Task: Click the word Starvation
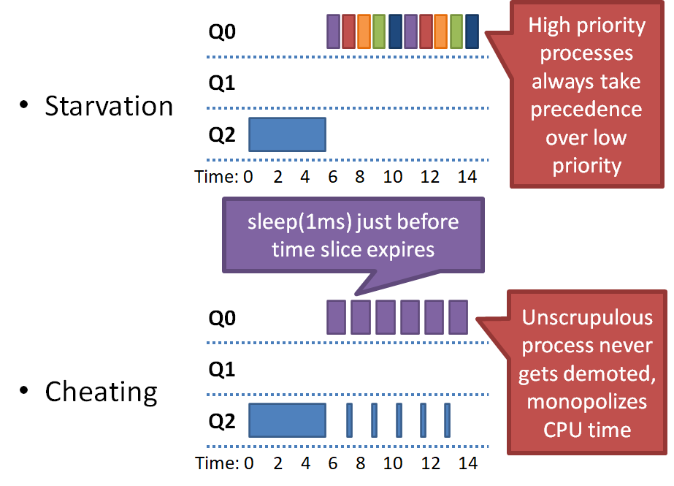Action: click(109, 106)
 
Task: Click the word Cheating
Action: click(101, 392)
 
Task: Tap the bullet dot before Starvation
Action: click(25, 105)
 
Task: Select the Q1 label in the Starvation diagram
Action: click(222, 83)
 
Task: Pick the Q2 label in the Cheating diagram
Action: click(222, 421)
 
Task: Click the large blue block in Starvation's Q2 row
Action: click(287, 134)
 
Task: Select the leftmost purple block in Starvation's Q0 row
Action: click(334, 31)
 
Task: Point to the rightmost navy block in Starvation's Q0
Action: click(472, 31)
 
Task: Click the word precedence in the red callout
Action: click(586, 109)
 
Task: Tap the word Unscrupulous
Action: click(587, 318)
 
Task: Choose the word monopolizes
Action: click(587, 401)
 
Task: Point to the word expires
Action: click(400, 249)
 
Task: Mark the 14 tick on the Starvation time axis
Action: click(467, 176)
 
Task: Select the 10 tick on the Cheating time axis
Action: click(392, 463)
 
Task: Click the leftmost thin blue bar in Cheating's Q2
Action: click(349, 420)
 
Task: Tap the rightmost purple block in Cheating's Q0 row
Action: click(458, 316)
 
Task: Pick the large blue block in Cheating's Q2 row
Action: click(287, 420)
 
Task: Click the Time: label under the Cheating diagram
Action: click(216, 463)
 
